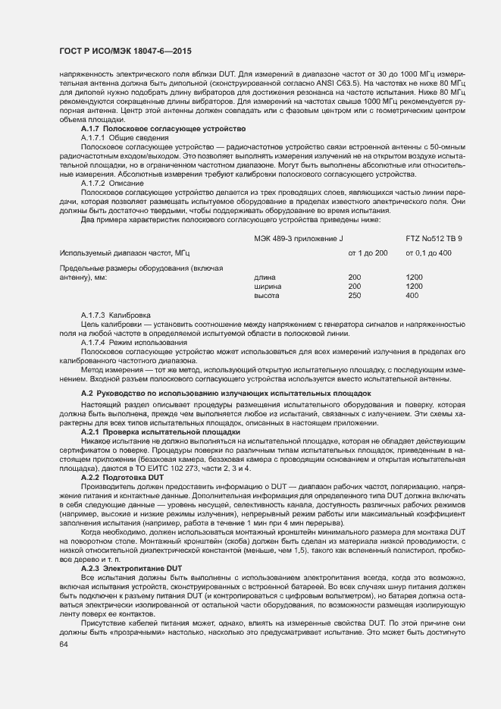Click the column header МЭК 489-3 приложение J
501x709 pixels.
click(299, 239)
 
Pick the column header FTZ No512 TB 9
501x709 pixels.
click(434, 239)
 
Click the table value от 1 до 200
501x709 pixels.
click(367, 252)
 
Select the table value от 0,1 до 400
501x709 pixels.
click(428, 252)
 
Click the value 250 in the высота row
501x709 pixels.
click(354, 296)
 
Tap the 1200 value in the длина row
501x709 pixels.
click(414, 278)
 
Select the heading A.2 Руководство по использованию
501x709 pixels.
click(226, 394)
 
